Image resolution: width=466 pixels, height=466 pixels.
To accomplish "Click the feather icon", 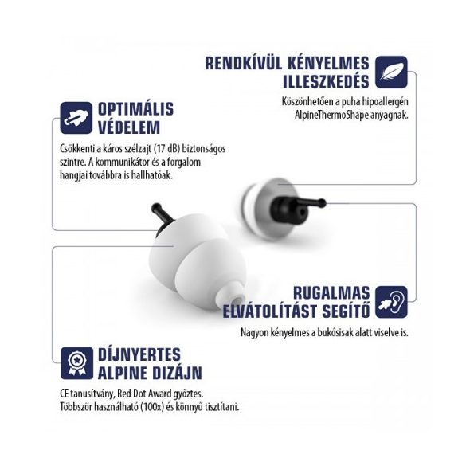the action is (x=391, y=72).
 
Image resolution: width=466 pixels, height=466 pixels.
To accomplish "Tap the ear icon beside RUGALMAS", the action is (x=391, y=302).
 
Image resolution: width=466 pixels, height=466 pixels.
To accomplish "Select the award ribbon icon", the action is (x=76, y=363).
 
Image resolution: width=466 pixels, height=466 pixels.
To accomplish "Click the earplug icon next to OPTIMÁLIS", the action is (x=76, y=118).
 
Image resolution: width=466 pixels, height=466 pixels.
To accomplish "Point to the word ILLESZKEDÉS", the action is (x=326, y=81).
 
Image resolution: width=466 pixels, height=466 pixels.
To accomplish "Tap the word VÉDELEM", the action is (x=129, y=127).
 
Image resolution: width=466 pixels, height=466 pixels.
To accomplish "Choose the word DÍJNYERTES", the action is (x=139, y=354).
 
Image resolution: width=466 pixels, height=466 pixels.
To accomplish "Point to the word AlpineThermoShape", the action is (x=331, y=115).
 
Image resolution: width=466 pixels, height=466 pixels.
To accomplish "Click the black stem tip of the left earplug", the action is (x=155, y=207).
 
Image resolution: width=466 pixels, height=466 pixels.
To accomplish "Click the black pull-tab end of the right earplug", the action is (x=322, y=203).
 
